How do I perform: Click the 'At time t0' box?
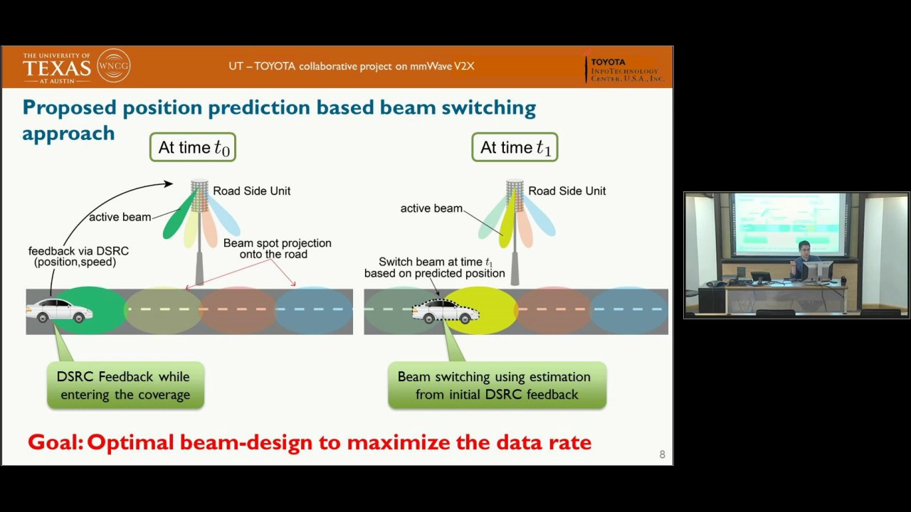pyautogui.click(x=193, y=147)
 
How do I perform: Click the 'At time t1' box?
pyautogui.click(x=515, y=147)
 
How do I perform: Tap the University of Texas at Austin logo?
pyautogui.click(x=57, y=67)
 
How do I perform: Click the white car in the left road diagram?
pyautogui.click(x=59, y=311)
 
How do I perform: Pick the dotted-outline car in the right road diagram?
pyautogui.click(x=446, y=311)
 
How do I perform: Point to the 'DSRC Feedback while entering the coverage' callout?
pyautogui.click(x=125, y=385)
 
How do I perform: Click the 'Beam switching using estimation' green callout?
pyautogui.click(x=496, y=385)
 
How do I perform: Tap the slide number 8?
pyautogui.click(x=662, y=454)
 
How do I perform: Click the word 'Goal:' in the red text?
pyautogui.click(x=56, y=442)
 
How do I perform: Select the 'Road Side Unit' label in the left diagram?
pyautogui.click(x=251, y=191)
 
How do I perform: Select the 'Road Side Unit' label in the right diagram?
pyautogui.click(x=567, y=191)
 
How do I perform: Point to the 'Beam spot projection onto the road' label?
pyautogui.click(x=277, y=248)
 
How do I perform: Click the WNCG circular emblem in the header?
pyautogui.click(x=114, y=66)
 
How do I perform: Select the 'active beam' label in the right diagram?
pyautogui.click(x=431, y=208)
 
